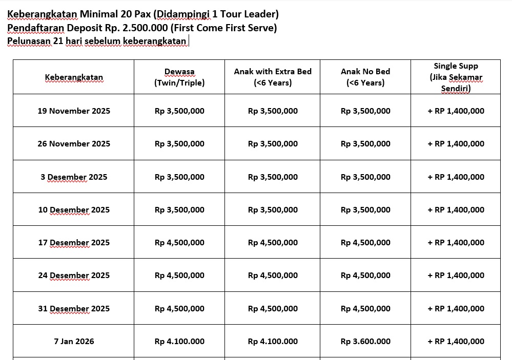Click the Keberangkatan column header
tap(74, 77)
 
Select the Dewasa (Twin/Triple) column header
tap(179, 77)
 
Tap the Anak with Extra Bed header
tap(273, 77)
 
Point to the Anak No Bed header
tap(365, 77)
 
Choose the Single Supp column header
tap(456, 77)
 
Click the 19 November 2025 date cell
tap(74, 111)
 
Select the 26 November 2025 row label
tap(74, 143)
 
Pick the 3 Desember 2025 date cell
tap(74, 177)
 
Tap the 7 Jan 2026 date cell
tap(74, 341)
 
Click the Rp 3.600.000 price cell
tap(365, 341)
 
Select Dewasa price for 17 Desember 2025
tap(179, 242)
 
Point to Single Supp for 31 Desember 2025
tap(456, 308)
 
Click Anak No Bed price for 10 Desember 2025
tap(365, 209)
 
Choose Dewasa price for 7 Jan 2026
tap(179, 341)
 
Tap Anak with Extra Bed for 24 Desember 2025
tap(273, 275)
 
